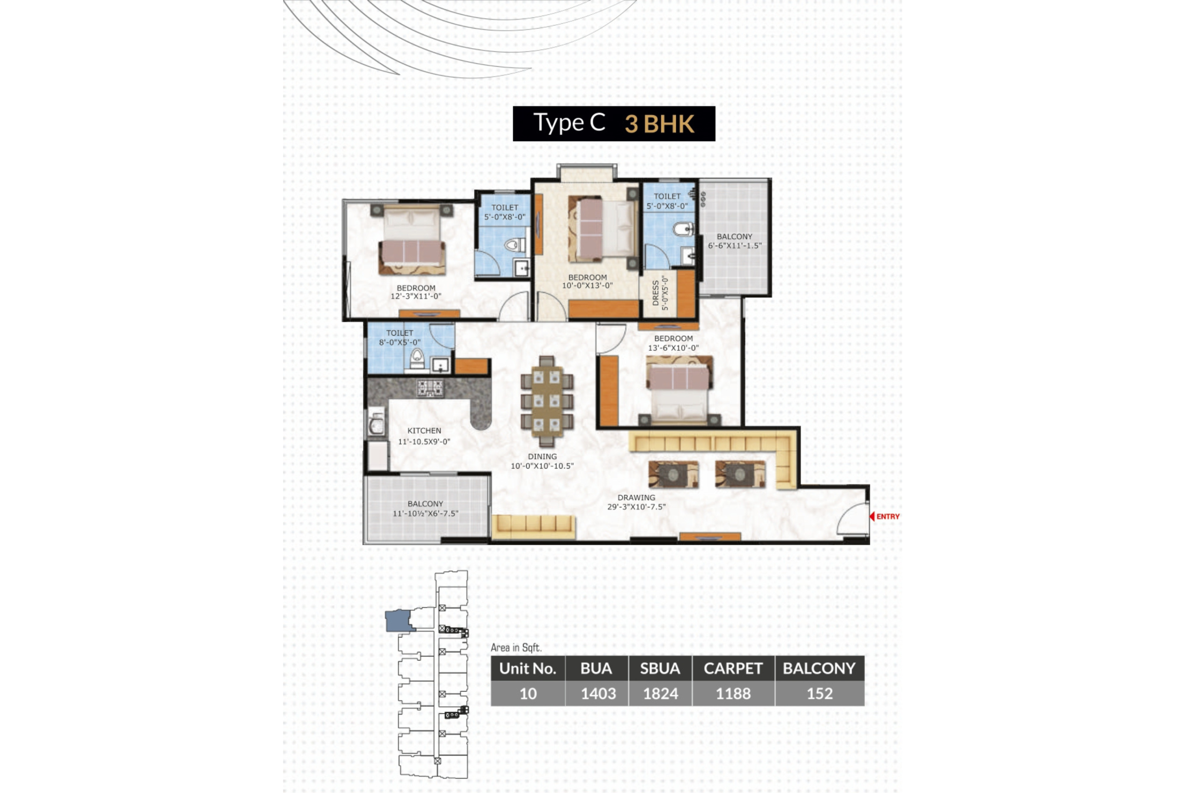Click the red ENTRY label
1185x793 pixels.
(887, 516)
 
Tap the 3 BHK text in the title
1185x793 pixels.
(659, 124)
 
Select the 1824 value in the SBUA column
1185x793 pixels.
(660, 693)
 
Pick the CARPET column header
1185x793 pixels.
(733, 668)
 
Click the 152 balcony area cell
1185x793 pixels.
(819, 693)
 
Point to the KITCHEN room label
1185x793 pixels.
(424, 431)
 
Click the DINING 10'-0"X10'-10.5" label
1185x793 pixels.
(542, 461)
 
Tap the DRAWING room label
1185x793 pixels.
(636, 498)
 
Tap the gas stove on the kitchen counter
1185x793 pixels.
(430, 388)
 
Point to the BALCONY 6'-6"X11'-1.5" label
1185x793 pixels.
(734, 241)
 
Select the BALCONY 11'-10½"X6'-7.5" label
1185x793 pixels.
(425, 509)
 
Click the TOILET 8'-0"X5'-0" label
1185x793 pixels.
(399, 337)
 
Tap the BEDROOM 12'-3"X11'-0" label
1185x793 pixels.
(416, 292)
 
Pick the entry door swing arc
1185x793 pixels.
(852, 518)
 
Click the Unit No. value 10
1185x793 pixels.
(528, 693)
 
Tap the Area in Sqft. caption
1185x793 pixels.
(516, 647)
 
